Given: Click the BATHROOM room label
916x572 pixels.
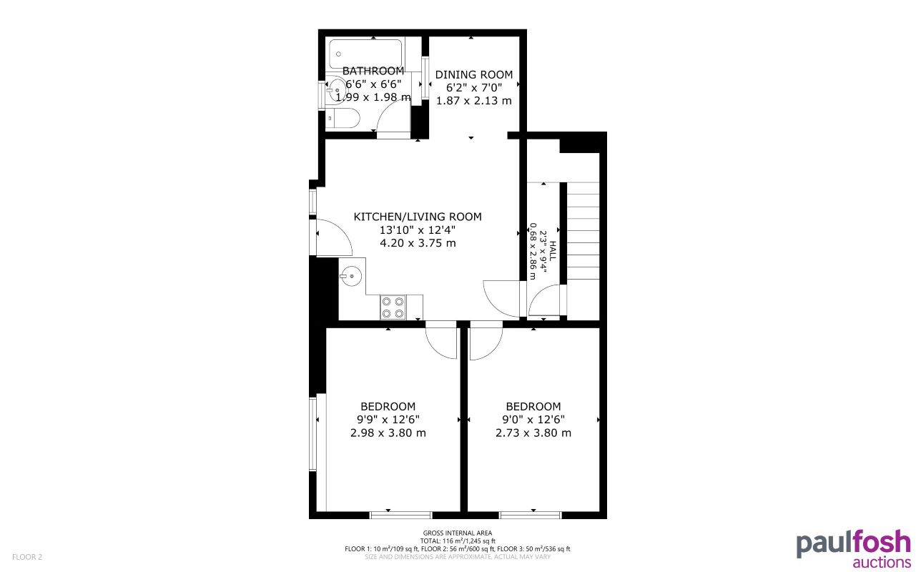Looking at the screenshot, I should point(373,71).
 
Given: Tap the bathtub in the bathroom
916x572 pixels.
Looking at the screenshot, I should point(365,54).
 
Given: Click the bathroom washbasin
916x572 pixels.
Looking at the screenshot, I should point(335,89).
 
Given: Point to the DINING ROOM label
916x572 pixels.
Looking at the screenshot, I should point(474,74).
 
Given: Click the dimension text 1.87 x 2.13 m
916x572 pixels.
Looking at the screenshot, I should point(474,100).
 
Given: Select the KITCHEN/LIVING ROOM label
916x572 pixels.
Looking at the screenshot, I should point(418,217).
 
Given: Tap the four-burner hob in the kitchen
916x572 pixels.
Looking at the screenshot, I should point(393,307).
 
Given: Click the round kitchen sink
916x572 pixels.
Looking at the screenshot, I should point(351,275).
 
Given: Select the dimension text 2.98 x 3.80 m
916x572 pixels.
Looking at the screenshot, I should point(388,433).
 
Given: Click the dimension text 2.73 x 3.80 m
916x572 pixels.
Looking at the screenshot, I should point(533,433).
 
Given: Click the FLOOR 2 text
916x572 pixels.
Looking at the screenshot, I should point(27,556).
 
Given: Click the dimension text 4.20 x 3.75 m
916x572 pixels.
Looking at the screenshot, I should point(418,243).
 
